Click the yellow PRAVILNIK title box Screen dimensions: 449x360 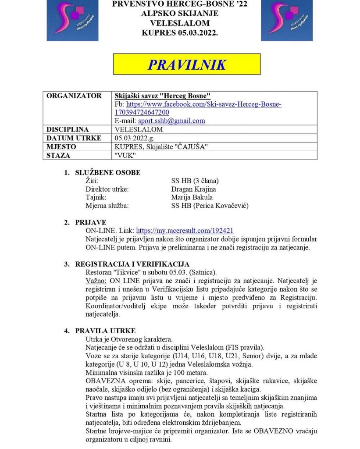pos(187,64)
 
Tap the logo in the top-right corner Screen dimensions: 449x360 pos(287,21)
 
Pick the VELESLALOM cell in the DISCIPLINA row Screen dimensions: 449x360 pos(138,129)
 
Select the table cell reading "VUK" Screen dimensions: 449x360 pos(124,155)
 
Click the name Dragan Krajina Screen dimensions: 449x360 pos(193,189)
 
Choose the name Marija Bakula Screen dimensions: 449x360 pos(192,197)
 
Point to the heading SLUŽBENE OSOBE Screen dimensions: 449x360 pos(108,172)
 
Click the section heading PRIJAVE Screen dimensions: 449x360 pos(91,222)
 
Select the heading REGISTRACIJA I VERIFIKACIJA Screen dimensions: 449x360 pos(132,264)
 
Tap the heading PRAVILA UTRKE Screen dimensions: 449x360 pos(105,331)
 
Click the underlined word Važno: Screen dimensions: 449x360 pos(96,281)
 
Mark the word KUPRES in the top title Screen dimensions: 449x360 pos(159,33)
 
